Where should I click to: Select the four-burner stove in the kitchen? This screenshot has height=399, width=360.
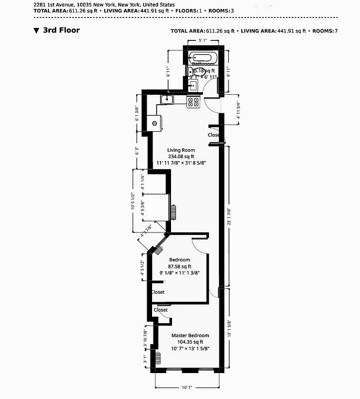193,102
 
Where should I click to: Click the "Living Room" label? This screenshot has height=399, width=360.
180,150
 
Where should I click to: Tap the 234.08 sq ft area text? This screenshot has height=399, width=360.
180,156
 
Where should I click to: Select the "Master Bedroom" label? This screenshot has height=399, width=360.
190,336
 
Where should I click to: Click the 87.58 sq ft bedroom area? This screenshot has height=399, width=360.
180,266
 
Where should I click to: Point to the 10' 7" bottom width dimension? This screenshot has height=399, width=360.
187,387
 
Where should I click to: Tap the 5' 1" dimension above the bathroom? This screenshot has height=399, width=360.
203,40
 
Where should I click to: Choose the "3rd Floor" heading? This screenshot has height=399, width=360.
61,30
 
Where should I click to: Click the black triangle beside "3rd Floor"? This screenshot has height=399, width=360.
36,30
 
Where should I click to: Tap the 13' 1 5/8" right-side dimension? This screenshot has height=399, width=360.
229,329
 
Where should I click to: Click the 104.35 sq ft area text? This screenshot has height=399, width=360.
190,342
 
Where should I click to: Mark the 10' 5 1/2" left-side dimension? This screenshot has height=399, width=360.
133,201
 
